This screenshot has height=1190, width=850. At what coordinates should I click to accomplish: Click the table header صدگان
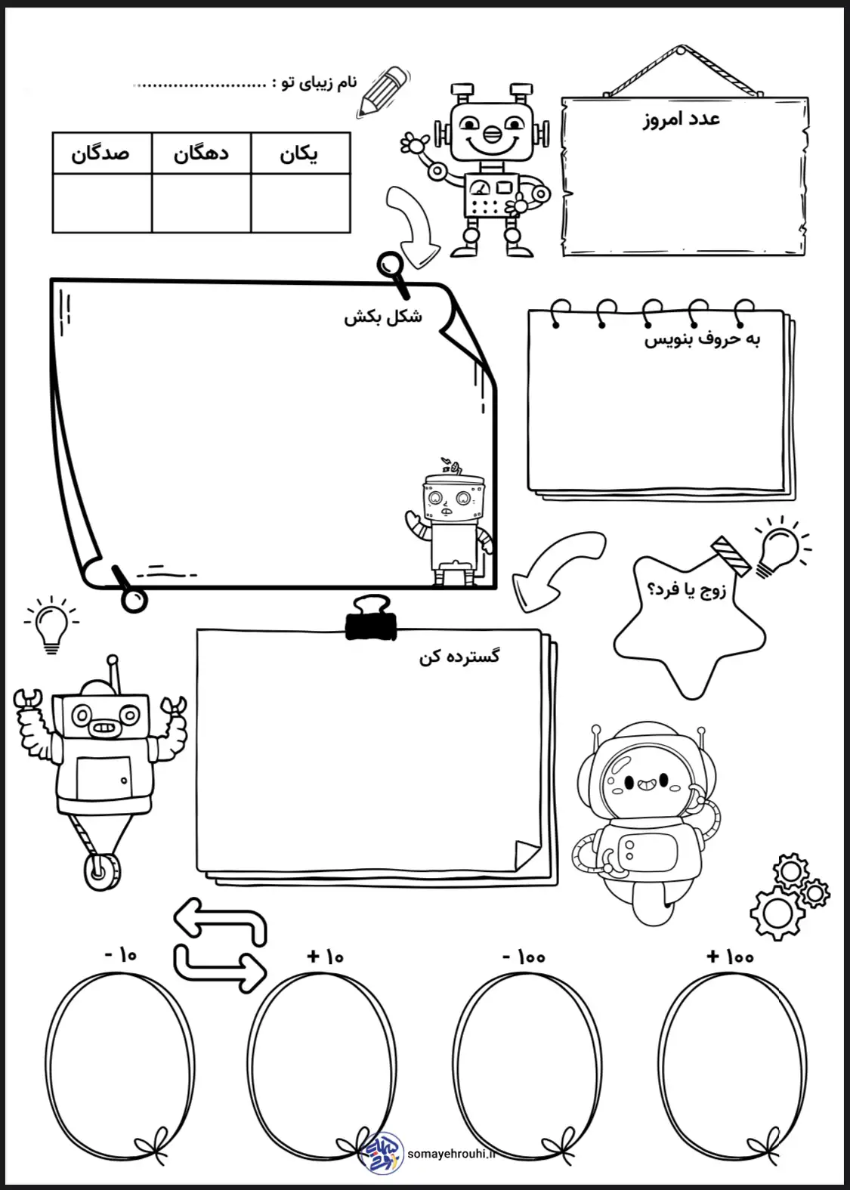coord(100,153)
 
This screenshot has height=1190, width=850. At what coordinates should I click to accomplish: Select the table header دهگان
coord(201,153)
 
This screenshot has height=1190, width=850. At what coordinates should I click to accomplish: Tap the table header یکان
coord(299,154)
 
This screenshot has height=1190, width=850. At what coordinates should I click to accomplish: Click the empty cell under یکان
coord(300,203)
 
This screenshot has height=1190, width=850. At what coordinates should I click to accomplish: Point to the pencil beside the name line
coord(383,91)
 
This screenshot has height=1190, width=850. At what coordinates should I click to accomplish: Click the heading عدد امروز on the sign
coord(682,119)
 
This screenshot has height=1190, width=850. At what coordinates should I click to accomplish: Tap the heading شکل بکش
coord(383,317)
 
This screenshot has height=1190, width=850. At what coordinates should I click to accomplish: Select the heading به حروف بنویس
coord(702,339)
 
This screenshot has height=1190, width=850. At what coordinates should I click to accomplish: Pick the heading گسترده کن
coord(459,656)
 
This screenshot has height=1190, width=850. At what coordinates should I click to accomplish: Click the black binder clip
coord(371,620)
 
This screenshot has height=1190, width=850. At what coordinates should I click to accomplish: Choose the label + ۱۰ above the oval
coord(325,957)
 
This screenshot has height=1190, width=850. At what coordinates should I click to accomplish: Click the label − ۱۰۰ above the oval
coord(524,957)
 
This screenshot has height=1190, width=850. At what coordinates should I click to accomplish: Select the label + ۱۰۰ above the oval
coord(730,957)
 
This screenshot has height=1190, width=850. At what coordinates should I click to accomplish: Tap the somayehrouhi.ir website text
coord(452,1154)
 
